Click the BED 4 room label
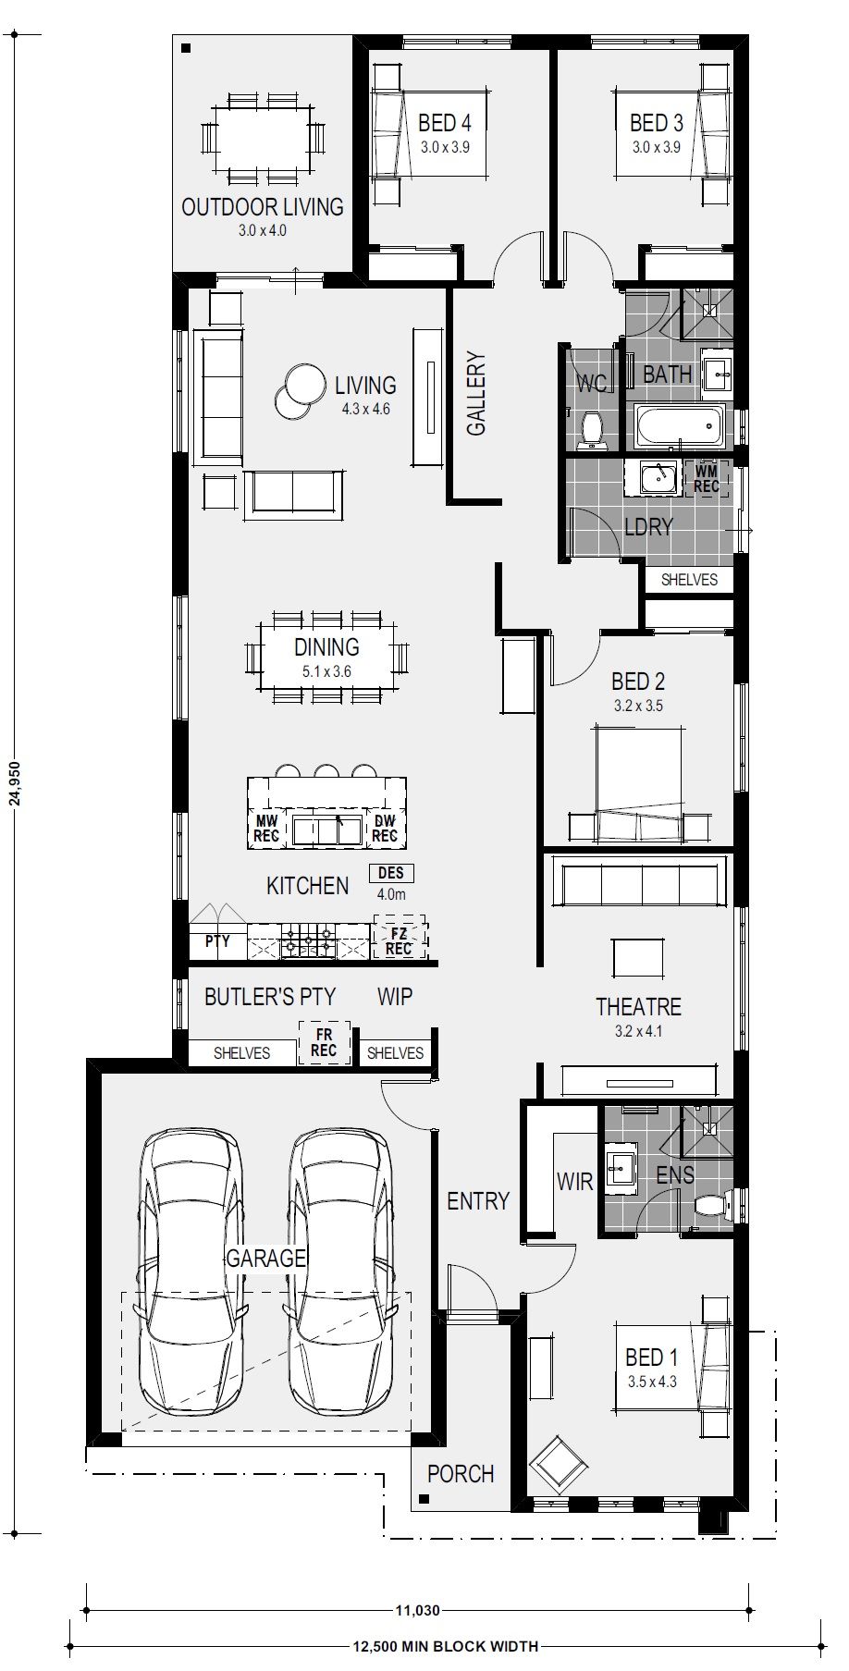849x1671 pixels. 444,122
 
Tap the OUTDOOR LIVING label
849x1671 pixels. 263,206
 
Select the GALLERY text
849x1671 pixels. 476,393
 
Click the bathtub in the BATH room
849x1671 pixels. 679,424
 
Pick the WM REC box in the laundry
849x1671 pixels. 707,478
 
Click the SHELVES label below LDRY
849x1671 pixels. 689,580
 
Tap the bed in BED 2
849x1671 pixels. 639,785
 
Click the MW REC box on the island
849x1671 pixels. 266,829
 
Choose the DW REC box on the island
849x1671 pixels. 385,829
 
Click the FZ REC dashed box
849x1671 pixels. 399,940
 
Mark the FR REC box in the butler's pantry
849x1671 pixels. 324,1043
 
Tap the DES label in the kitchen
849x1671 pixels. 391,873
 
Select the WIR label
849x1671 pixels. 574,1181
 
